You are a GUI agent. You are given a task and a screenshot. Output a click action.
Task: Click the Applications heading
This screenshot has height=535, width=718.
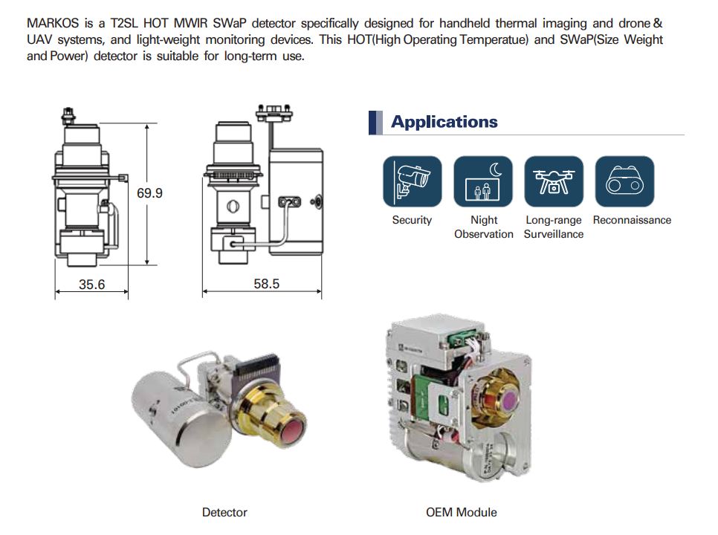[444, 122]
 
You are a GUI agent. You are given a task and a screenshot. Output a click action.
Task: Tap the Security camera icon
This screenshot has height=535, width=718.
[412, 181]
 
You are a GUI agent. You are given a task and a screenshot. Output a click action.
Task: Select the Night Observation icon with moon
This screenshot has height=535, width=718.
[483, 181]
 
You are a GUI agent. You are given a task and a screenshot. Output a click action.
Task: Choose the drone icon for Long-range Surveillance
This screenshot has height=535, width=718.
[554, 181]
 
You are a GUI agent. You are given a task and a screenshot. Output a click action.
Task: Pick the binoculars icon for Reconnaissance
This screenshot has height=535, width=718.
[624, 181]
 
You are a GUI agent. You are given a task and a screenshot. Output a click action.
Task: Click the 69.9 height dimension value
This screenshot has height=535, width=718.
[149, 193]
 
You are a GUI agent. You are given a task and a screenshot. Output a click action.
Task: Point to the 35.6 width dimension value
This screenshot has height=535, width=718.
[91, 284]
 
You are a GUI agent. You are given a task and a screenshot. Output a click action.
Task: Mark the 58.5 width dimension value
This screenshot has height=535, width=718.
[266, 284]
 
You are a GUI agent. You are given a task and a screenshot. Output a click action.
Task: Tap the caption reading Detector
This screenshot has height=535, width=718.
[224, 512]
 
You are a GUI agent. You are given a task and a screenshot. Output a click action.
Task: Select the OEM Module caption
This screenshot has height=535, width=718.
[461, 512]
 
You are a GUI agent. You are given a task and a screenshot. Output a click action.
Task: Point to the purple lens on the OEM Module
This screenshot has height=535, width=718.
[509, 402]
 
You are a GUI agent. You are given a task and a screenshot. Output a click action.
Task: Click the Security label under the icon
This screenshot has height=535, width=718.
[412, 220]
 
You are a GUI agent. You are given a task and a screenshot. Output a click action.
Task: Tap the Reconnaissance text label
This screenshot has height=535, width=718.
[632, 220]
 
